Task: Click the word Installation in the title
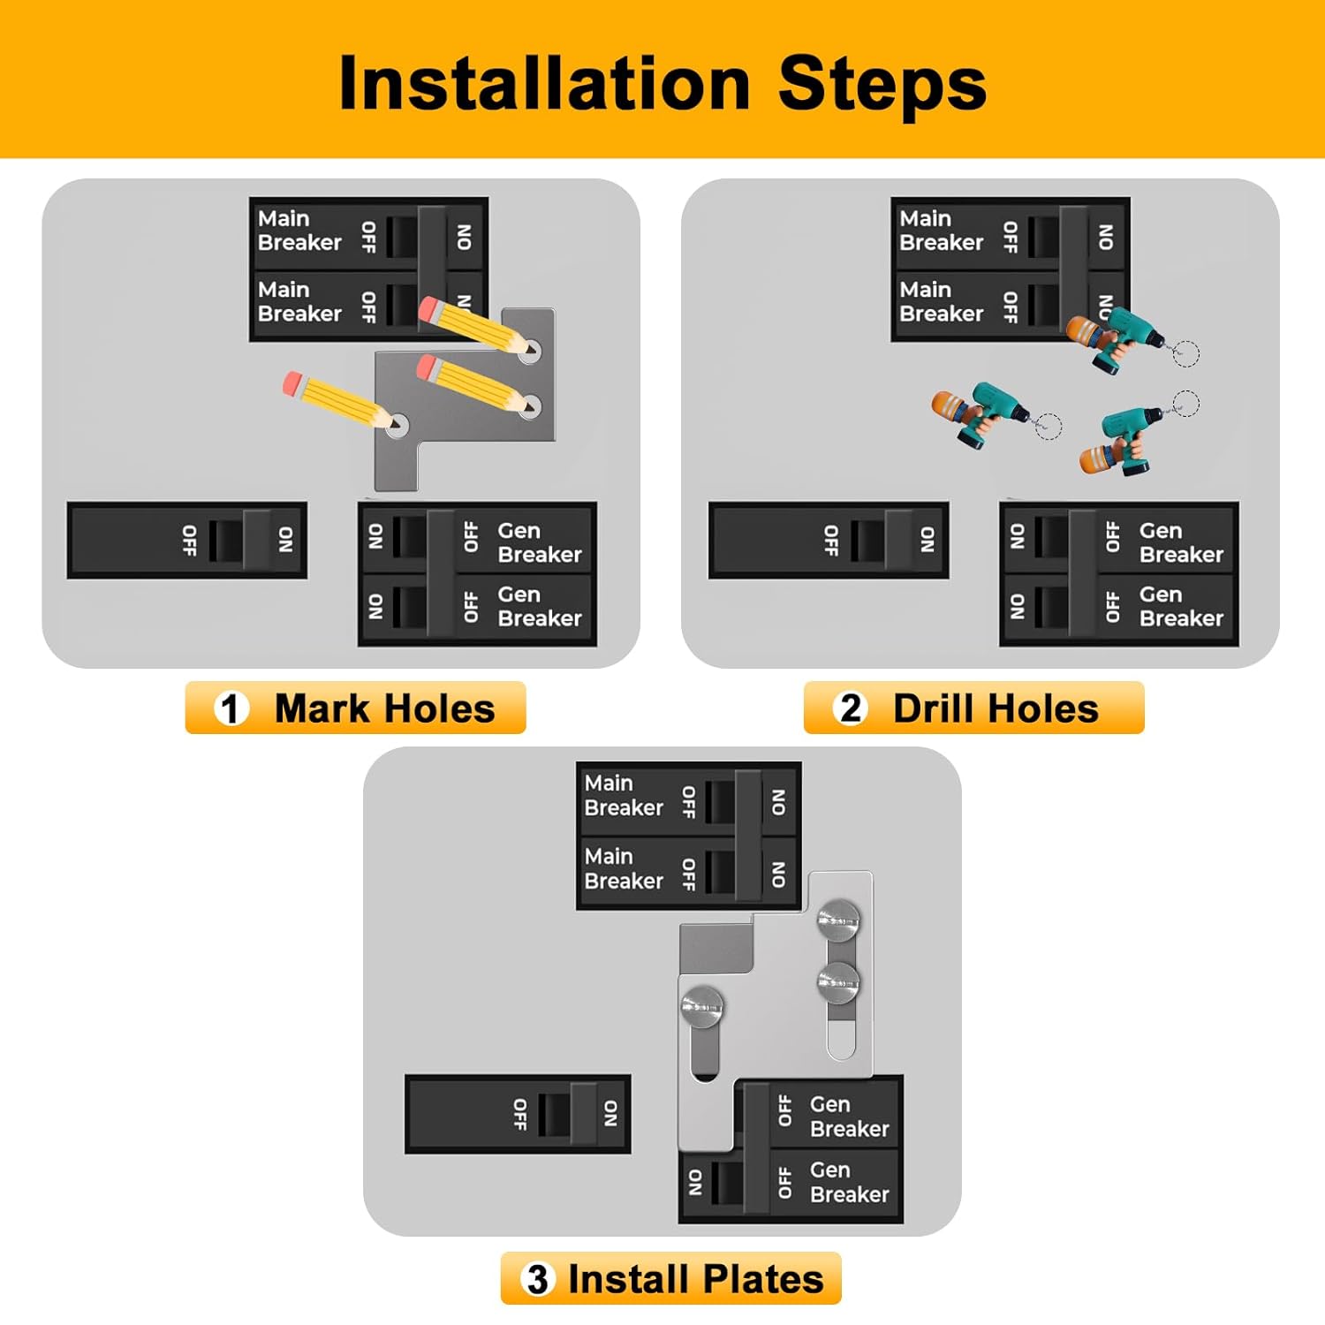coord(544,84)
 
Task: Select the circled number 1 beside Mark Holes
coord(231,708)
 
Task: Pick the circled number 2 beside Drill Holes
coord(851,708)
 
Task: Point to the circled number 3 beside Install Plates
coord(537,1279)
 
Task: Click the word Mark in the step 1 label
coord(322,708)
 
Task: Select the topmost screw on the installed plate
coord(838,920)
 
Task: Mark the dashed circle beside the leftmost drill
coord(1047,426)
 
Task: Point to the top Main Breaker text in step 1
coord(299,231)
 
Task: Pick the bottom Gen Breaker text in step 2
coord(1180,606)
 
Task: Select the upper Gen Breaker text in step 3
coord(848,1117)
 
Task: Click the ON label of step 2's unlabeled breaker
coord(927,540)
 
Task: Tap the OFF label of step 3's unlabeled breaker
coord(520,1115)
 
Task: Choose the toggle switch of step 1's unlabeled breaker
coord(226,541)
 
